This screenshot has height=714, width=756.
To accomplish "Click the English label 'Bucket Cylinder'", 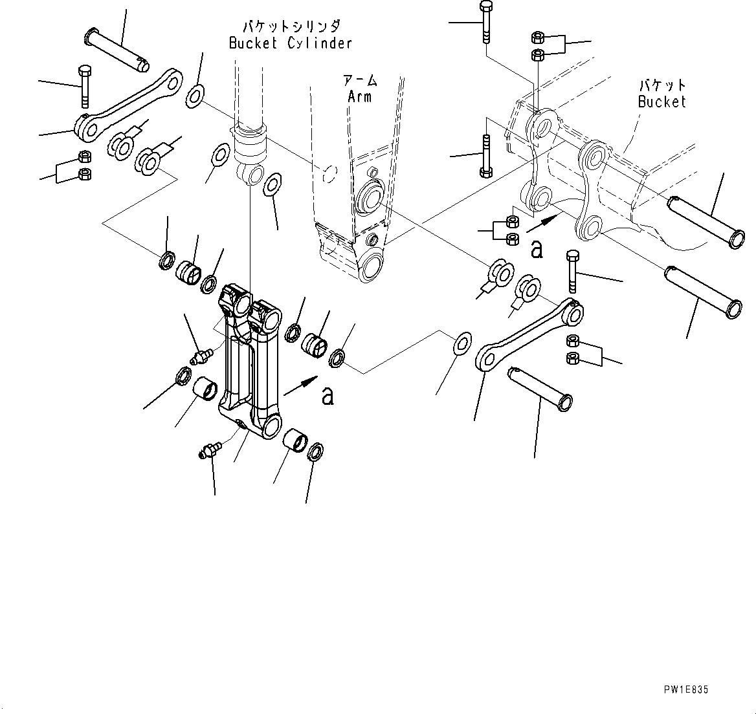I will pos(291,43).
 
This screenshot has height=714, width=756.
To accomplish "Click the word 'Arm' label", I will pos(360,96).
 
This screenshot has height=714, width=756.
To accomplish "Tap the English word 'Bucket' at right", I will pos(661,102).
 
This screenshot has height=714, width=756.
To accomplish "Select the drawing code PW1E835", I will pos(685,689).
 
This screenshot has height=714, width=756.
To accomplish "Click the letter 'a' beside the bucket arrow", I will pos(536,250).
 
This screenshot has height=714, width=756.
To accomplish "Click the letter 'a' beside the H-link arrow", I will pos(328,396).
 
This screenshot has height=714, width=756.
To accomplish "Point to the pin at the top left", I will pos(117,49).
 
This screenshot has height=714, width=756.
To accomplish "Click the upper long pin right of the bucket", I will pos(706,221).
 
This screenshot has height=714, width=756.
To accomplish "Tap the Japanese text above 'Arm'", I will pos(361,81).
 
